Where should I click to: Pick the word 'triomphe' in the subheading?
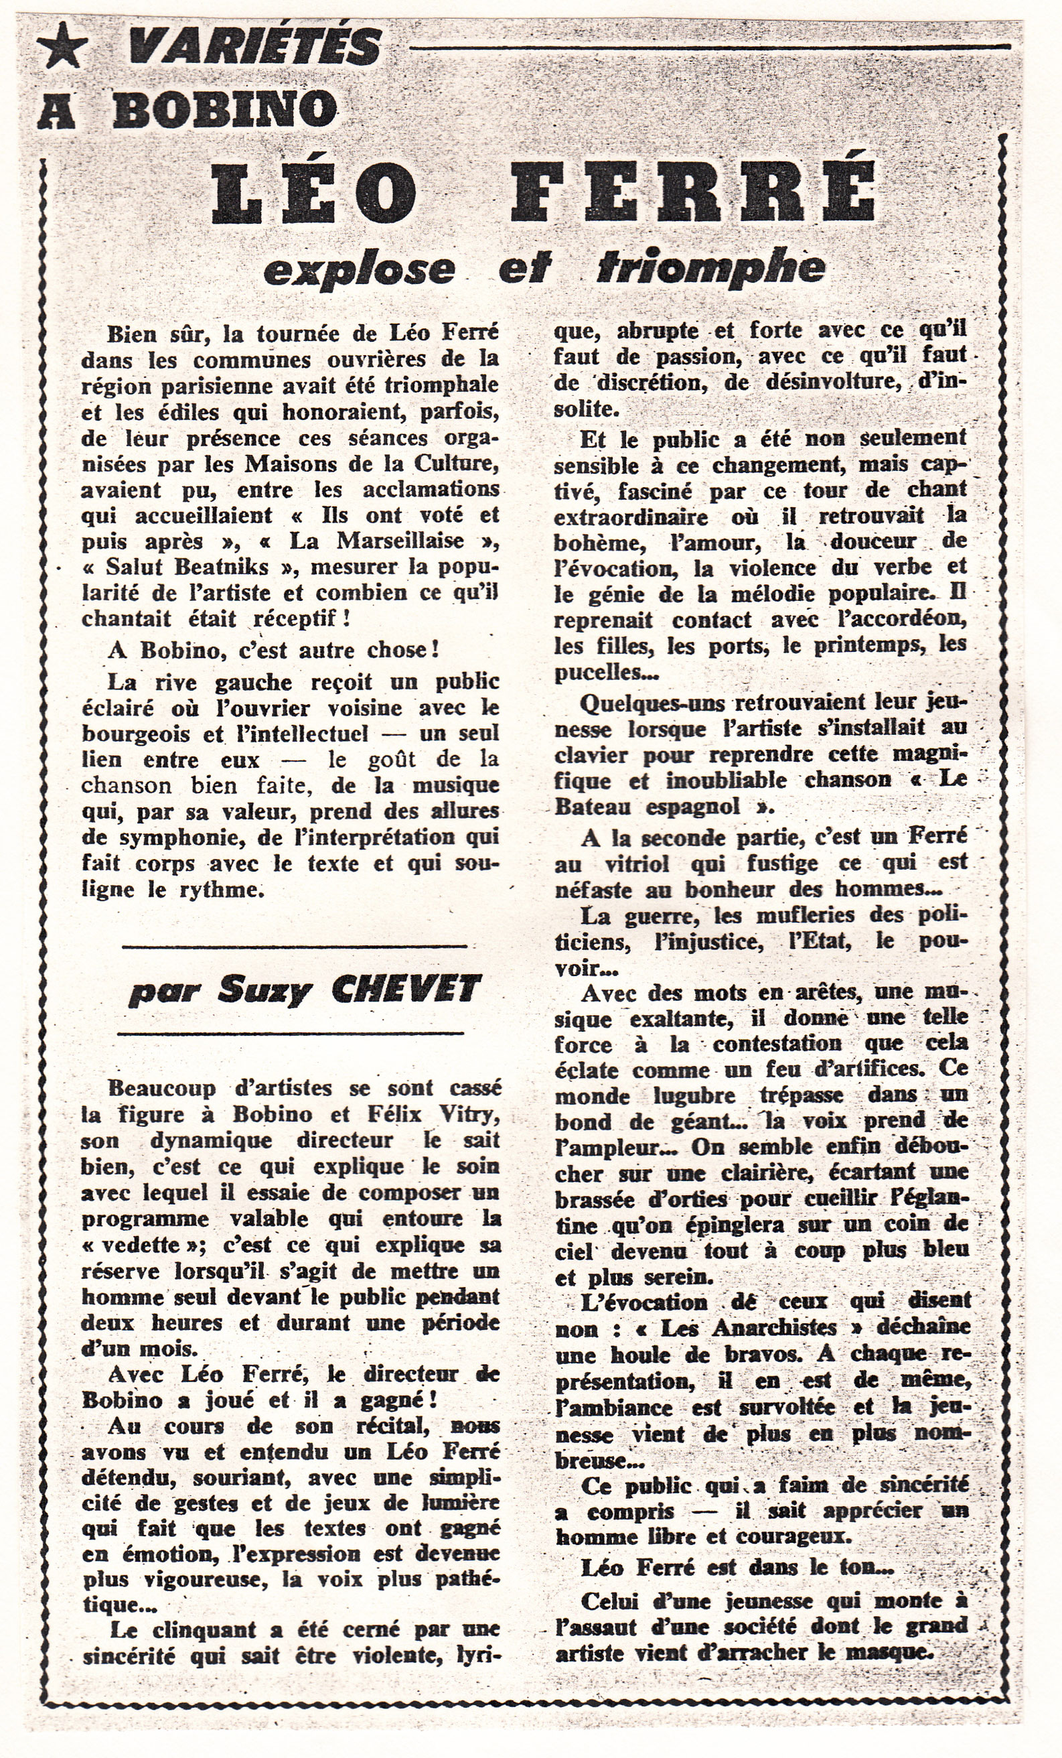(x=710, y=267)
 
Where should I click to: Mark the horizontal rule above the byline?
(x=294, y=947)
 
